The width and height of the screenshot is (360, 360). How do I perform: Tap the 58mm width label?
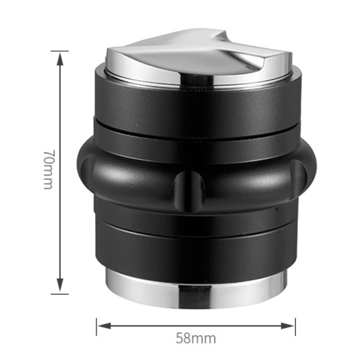click(x=196, y=338)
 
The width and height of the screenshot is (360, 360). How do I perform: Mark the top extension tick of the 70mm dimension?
click(x=59, y=51)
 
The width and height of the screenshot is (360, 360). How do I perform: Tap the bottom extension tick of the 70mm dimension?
click(x=59, y=294)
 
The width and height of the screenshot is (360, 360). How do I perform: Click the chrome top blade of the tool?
click(x=198, y=54)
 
